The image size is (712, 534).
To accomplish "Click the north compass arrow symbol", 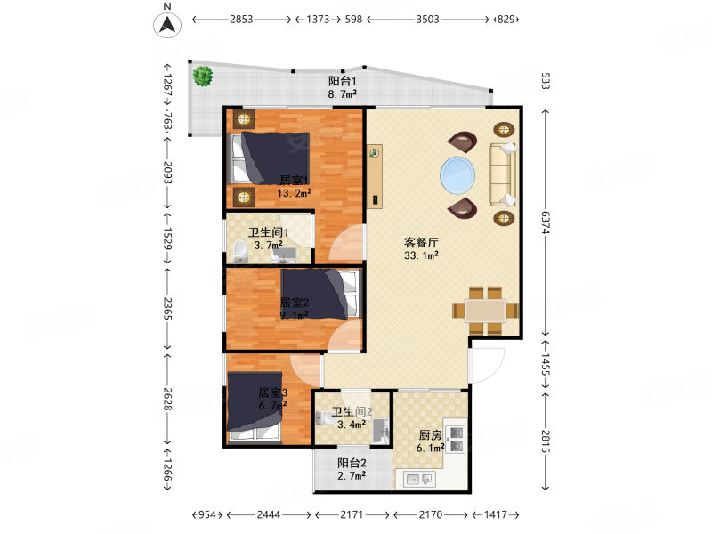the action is pos(167,25).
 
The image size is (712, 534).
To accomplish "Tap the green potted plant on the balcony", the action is pos(203,77).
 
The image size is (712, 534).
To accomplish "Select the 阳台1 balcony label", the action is pos(343,81).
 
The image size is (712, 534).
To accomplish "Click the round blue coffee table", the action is pos(457,174).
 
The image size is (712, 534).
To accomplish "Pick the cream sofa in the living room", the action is pos(503,174).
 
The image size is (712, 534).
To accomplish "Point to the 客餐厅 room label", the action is pos(421,242).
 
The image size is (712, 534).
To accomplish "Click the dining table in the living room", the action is pos(485,311).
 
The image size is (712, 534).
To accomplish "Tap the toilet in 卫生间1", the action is pos(239,252).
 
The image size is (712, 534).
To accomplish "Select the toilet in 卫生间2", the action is pos(324,417).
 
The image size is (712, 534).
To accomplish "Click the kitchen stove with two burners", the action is pos(456,439).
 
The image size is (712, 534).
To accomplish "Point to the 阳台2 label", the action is pos(352,463).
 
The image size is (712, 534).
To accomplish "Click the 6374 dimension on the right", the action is pos(546,223).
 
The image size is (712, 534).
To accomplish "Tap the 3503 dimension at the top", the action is pos(427,20).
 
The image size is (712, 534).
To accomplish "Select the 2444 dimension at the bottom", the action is pos(269,515).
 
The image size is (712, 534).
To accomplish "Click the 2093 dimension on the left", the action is pos(167,173).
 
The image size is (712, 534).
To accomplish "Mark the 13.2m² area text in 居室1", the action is pos(295,193).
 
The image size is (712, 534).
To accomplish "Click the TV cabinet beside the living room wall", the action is pos(375,176).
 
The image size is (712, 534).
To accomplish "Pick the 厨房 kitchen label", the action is pos(430,435).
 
